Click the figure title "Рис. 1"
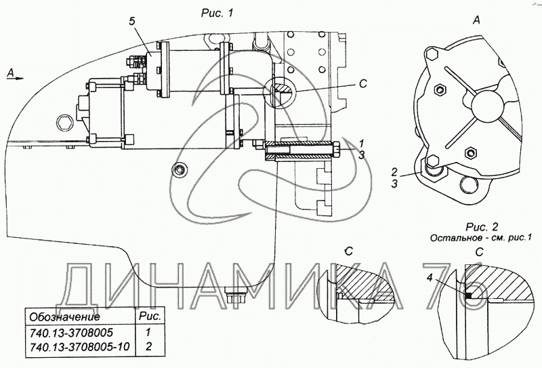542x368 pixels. (x=217, y=13)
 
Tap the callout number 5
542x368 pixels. (x=132, y=21)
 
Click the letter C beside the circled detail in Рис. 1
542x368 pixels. (x=363, y=84)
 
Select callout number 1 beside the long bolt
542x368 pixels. (x=361, y=143)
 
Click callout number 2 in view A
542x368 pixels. (x=394, y=171)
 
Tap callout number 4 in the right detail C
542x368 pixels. (x=430, y=278)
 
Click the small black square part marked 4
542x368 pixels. (x=468, y=295)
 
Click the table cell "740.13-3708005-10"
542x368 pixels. (x=79, y=346)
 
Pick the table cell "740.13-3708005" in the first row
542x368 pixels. (x=71, y=333)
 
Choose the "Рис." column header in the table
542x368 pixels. (x=150, y=316)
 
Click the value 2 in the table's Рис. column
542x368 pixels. (x=148, y=346)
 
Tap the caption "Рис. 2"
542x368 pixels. (x=482, y=227)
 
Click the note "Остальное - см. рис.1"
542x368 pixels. (x=480, y=238)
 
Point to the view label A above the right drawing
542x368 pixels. (x=476, y=21)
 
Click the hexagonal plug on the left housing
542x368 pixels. (x=64, y=122)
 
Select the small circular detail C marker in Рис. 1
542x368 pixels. (x=278, y=91)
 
